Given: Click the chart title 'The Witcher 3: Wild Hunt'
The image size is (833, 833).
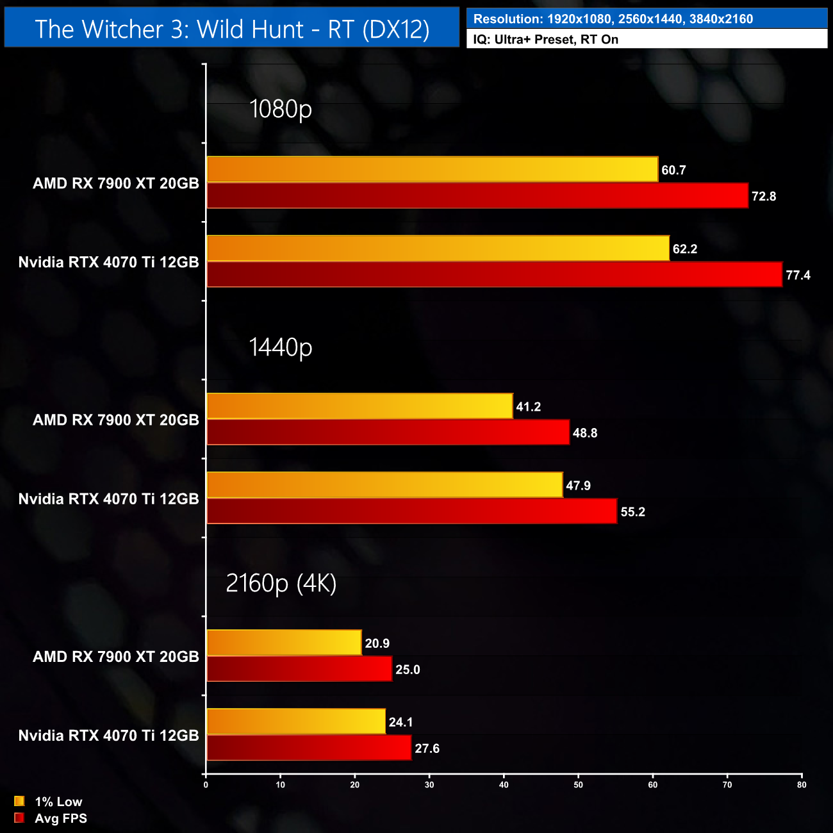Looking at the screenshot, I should (x=232, y=29).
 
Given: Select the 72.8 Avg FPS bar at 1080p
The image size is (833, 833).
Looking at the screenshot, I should (x=477, y=195).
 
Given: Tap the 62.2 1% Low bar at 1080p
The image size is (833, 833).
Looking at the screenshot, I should (x=438, y=249).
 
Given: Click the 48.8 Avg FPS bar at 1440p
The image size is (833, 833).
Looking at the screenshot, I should (x=388, y=433).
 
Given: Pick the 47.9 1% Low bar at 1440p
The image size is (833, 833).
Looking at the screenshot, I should (x=384, y=485).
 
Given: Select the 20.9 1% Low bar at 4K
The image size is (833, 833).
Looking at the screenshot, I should (x=284, y=643).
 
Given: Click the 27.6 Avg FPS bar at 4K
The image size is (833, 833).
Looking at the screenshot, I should (x=309, y=748).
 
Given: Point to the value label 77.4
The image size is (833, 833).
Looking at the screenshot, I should (x=798, y=276).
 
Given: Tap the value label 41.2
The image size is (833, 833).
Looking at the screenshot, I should (x=529, y=407).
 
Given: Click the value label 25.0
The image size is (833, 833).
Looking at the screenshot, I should (x=408, y=670).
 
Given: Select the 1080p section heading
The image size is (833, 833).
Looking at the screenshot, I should (x=281, y=109).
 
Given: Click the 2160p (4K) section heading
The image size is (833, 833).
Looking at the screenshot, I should (x=281, y=583).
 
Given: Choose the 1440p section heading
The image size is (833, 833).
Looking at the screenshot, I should (x=281, y=347).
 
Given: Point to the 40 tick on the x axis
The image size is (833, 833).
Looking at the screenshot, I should (x=504, y=785).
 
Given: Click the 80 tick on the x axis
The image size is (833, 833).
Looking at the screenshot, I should (x=802, y=785).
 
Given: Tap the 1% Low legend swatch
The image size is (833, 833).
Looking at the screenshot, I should (x=19, y=801).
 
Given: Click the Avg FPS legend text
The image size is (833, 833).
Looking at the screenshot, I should (x=61, y=818).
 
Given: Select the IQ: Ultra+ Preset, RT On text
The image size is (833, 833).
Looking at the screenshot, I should (x=546, y=39).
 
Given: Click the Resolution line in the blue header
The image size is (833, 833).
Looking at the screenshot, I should (x=613, y=19).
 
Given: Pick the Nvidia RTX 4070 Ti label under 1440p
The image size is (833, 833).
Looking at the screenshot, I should (x=109, y=499).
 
